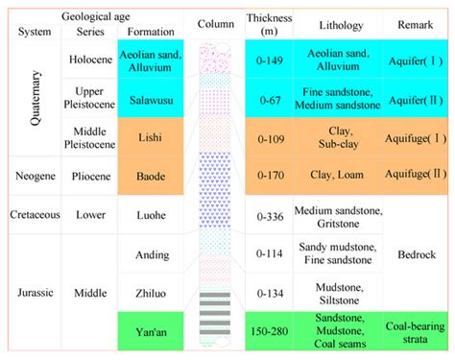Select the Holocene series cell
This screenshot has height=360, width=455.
(x=91, y=59)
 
